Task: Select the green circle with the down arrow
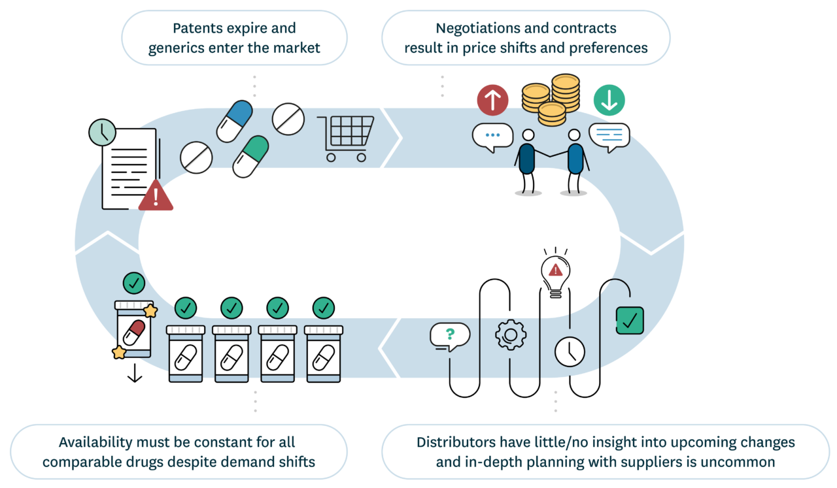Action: (x=609, y=101)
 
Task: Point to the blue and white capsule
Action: (x=234, y=121)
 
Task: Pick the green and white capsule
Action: (x=250, y=156)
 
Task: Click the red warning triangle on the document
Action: (x=156, y=196)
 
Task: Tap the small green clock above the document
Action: (x=103, y=133)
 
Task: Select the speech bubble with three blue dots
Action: (x=492, y=137)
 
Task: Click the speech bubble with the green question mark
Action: (x=450, y=336)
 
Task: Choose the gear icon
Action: (x=511, y=335)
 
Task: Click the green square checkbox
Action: (x=630, y=320)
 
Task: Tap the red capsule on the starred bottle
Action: (x=134, y=333)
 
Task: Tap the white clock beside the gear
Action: (x=570, y=351)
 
